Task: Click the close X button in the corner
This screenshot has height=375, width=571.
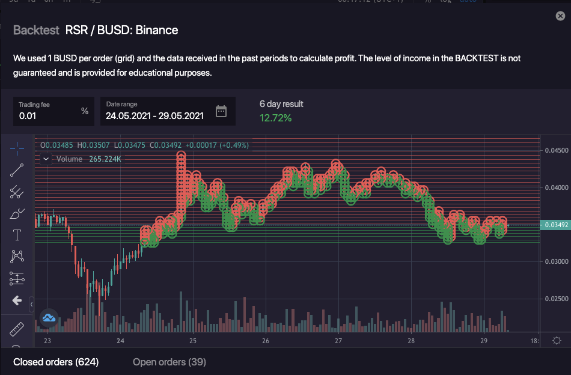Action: (560, 16)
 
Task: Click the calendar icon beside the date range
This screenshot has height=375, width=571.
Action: (221, 111)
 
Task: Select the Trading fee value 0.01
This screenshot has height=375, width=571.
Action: (27, 115)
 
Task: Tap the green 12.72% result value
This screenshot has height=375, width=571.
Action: (275, 118)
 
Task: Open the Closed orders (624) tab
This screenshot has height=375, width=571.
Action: (56, 362)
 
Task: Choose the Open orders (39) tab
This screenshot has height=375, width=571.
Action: (169, 362)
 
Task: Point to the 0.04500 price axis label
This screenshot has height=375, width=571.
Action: (555, 150)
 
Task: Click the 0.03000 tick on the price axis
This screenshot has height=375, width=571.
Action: (555, 261)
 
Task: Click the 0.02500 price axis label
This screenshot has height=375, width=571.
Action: (555, 299)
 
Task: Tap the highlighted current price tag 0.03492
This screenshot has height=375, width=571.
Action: (555, 225)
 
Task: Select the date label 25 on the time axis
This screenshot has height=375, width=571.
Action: (193, 341)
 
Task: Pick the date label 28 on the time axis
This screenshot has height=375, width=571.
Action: (411, 341)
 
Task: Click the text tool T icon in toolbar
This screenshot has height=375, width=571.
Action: (17, 235)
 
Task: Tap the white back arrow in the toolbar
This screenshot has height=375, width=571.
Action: (17, 300)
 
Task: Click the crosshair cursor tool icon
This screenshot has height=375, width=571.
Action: (17, 148)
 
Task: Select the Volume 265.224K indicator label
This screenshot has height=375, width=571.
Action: (88, 159)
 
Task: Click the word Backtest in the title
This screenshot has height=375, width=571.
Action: (36, 30)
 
